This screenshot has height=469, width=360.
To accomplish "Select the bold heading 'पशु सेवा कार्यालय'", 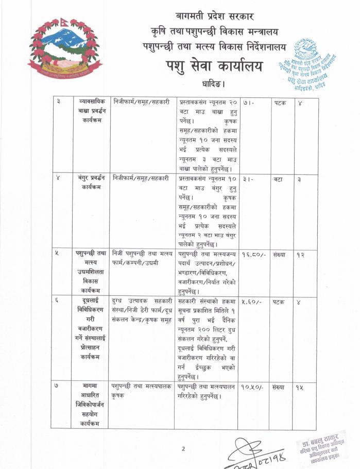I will [x=214, y=66].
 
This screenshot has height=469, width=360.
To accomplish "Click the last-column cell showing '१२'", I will [x=301, y=255].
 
